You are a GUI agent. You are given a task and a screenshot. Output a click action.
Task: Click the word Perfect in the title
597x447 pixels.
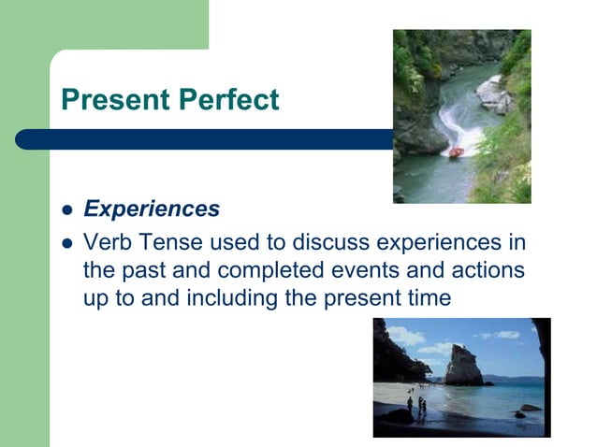[227, 99]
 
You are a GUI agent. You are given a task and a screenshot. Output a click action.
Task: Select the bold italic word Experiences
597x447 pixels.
[152, 209]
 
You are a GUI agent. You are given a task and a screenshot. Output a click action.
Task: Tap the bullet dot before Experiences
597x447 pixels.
[66, 210]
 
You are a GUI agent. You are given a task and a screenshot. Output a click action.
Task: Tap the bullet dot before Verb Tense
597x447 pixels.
[66, 244]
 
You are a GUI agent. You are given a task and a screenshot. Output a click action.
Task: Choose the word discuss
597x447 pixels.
[330, 243]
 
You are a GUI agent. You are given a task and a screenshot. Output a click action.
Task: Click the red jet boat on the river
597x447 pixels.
[455, 151]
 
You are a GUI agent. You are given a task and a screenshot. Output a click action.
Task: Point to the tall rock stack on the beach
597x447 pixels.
[461, 363]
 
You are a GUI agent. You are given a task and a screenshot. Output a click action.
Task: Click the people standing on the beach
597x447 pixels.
[420, 406]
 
